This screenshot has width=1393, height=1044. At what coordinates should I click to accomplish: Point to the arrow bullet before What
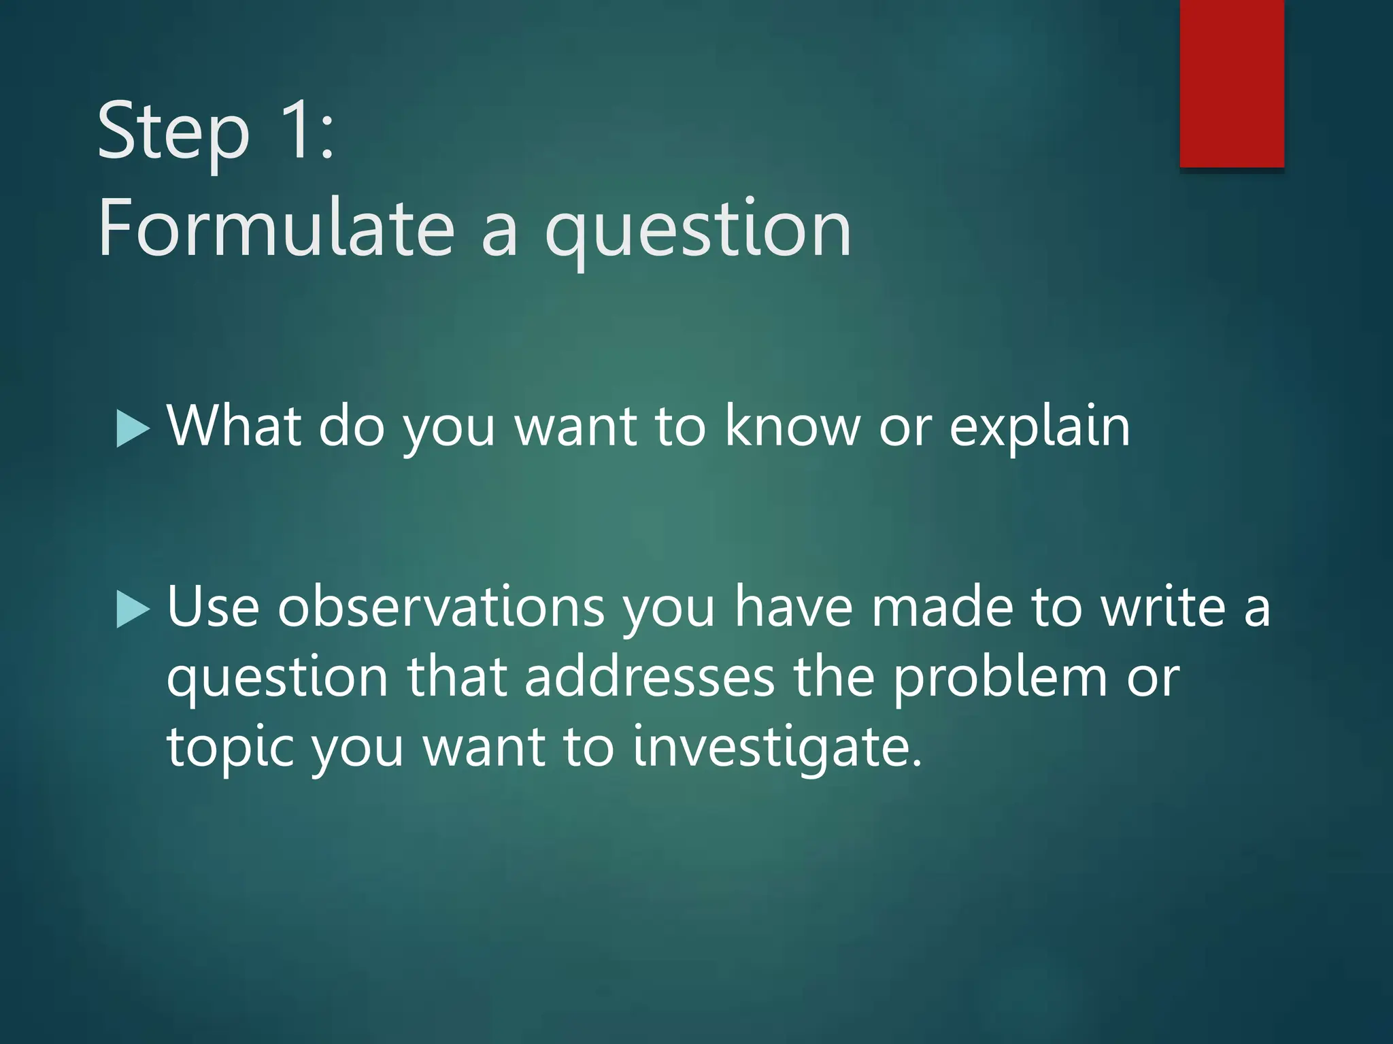coord(133,428)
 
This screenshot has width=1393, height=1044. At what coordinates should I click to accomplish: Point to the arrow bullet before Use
coord(133,609)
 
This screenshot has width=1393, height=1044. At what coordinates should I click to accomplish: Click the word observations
coord(441,606)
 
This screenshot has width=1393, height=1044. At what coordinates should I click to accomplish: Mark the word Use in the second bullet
coord(213,606)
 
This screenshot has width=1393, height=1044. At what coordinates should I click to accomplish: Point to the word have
coord(793,606)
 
